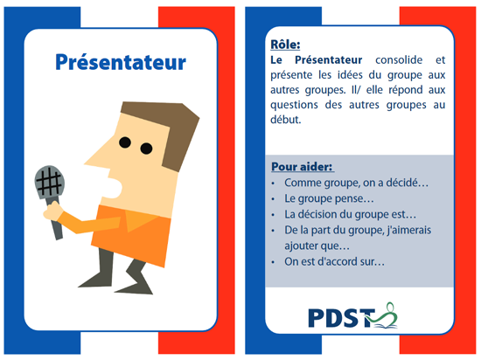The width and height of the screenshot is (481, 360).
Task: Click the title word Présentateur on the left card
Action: click(x=121, y=62)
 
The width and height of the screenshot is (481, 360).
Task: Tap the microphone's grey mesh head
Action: click(x=49, y=183)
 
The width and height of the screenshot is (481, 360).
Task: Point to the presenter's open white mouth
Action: click(x=114, y=188)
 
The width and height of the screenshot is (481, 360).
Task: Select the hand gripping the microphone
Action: click(x=52, y=211)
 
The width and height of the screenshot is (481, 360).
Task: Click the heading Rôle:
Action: click(x=285, y=45)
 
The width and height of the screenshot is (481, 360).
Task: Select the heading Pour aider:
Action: click(x=303, y=167)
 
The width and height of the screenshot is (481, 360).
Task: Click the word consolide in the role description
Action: click(x=399, y=60)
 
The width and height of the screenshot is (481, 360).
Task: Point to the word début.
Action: click(x=286, y=120)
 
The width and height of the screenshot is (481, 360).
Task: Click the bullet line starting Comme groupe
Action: click(x=356, y=183)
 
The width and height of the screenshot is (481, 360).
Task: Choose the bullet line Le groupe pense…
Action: click(x=329, y=199)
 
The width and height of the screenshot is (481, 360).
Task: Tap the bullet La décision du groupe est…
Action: click(x=351, y=214)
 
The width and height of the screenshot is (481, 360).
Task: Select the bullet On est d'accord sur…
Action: click(x=334, y=261)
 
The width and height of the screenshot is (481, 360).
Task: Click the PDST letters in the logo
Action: click(x=341, y=318)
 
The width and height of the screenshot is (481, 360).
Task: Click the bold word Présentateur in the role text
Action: click(x=329, y=60)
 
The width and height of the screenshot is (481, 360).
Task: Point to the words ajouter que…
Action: click(x=317, y=246)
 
